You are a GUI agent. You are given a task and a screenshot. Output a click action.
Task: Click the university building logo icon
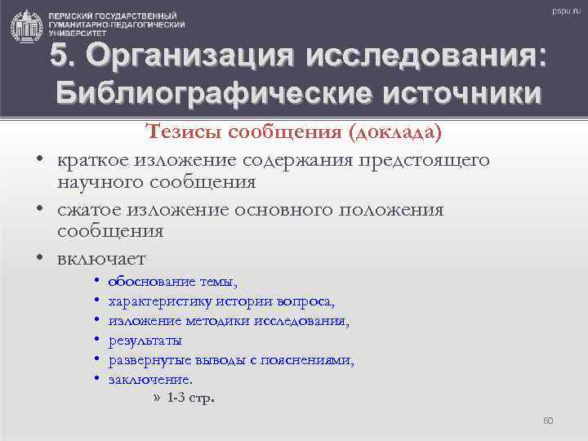(26, 26)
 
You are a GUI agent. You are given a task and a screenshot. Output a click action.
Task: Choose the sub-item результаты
(145, 341)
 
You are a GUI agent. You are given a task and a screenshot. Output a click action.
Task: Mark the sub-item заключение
(150, 379)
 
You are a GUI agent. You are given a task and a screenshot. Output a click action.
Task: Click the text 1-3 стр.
(191, 399)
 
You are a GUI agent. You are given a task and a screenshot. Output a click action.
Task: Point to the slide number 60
(548, 421)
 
